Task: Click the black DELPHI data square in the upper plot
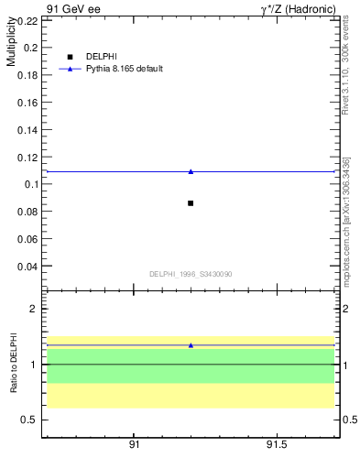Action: coord(191,202)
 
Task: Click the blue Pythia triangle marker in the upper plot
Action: coord(191,171)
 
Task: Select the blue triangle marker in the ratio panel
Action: coord(191,345)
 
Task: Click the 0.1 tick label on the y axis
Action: coord(29,184)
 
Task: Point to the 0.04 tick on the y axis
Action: coord(27,267)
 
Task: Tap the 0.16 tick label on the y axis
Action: coord(27,102)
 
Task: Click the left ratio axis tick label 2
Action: coord(33,309)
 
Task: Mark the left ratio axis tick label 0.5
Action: coord(28,420)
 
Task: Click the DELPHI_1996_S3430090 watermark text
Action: coord(191,274)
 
